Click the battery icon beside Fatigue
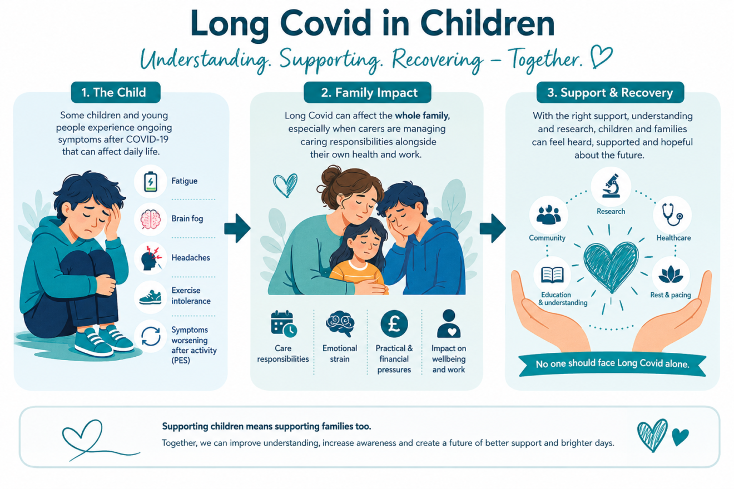point(150,182)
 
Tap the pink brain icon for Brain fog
point(150,219)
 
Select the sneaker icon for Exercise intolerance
point(150,297)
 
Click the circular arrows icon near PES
point(150,336)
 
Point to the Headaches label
point(191,258)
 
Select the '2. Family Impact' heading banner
point(368,92)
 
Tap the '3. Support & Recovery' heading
point(610,92)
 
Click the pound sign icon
point(394,324)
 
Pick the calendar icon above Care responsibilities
point(284,323)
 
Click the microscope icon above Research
point(611,186)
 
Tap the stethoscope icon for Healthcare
point(672,214)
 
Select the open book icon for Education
point(553,275)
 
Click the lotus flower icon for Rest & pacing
point(671,275)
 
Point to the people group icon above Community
point(548,215)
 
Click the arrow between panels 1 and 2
point(237,228)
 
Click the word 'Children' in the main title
point(487,24)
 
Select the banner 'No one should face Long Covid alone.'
point(612,364)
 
